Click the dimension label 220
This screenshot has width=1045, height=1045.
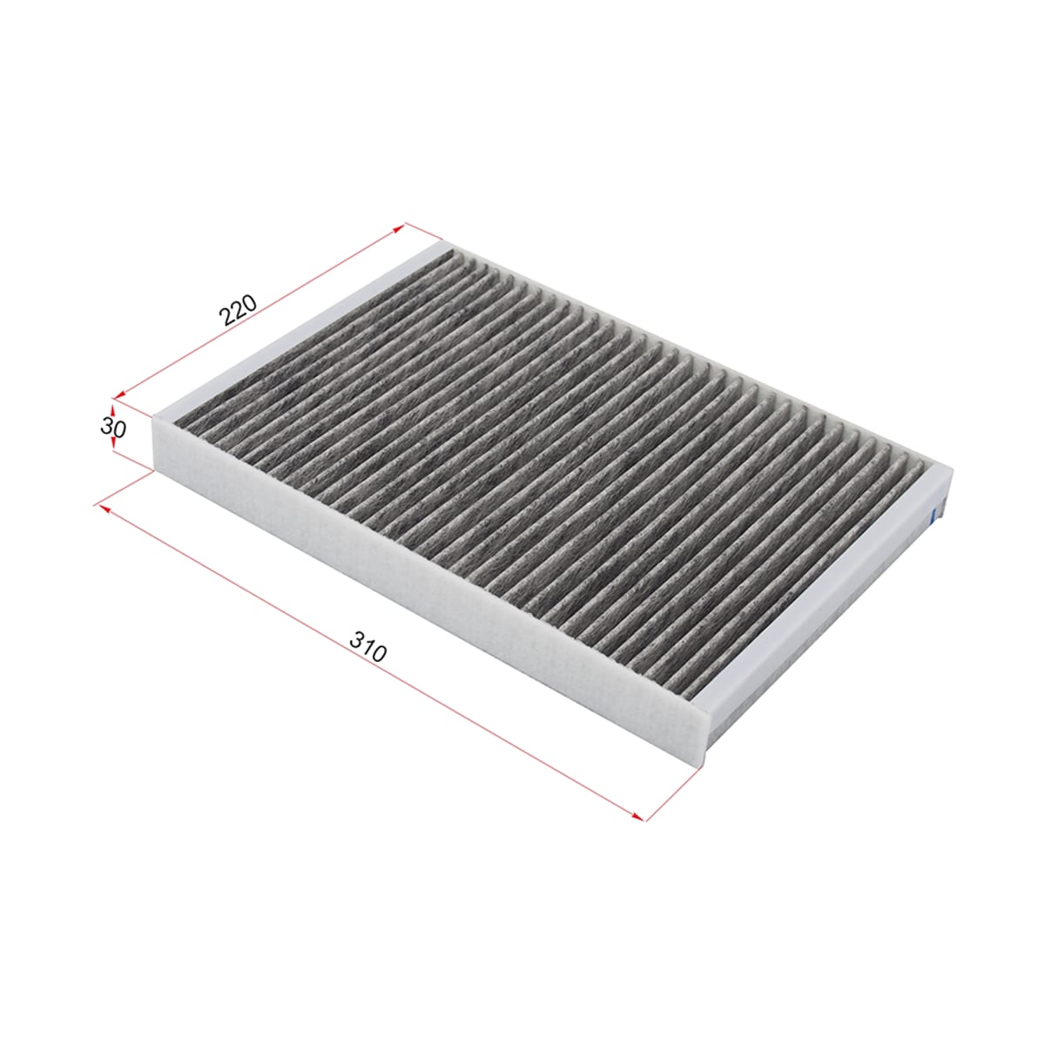click(x=238, y=310)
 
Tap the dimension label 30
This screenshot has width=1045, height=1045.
click(x=113, y=428)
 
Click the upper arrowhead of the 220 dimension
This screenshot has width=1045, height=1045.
click(x=400, y=228)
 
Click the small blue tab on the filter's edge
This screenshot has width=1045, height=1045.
click(x=933, y=515)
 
